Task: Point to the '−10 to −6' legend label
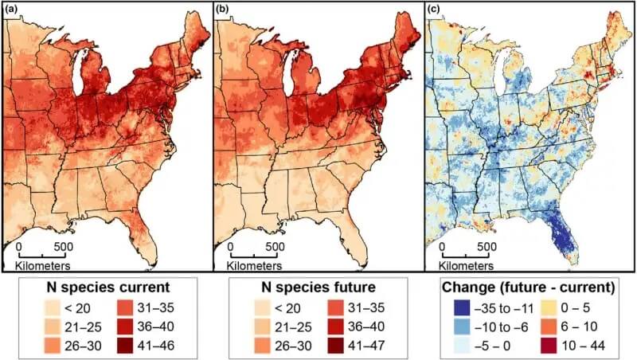click(499, 326)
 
